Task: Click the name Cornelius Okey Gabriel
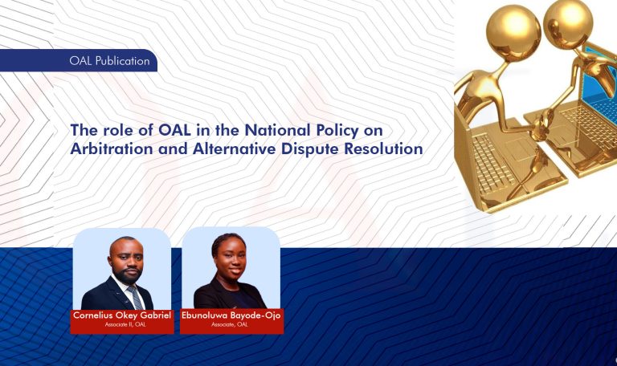122,317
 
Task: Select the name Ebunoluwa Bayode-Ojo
232,317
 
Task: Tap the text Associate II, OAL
122,326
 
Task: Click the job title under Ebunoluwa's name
232,326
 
